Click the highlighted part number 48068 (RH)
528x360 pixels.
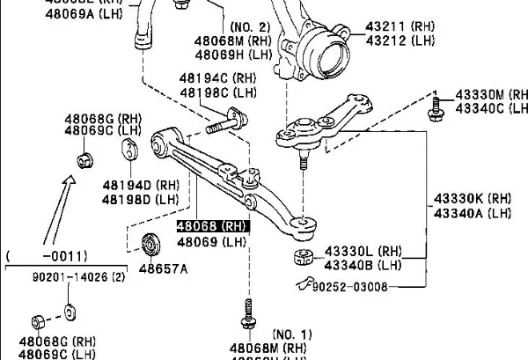[x=212, y=226]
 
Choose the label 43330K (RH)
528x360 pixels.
[x=472, y=198]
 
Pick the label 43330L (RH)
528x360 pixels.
[x=353, y=251]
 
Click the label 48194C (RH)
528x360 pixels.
[x=218, y=78]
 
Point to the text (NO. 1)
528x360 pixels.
[x=291, y=334]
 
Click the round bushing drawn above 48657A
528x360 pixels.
[x=150, y=242]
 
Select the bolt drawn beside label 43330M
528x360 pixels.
[x=435, y=109]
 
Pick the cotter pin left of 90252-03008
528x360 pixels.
[x=306, y=283]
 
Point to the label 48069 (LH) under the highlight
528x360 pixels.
[x=212, y=241]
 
